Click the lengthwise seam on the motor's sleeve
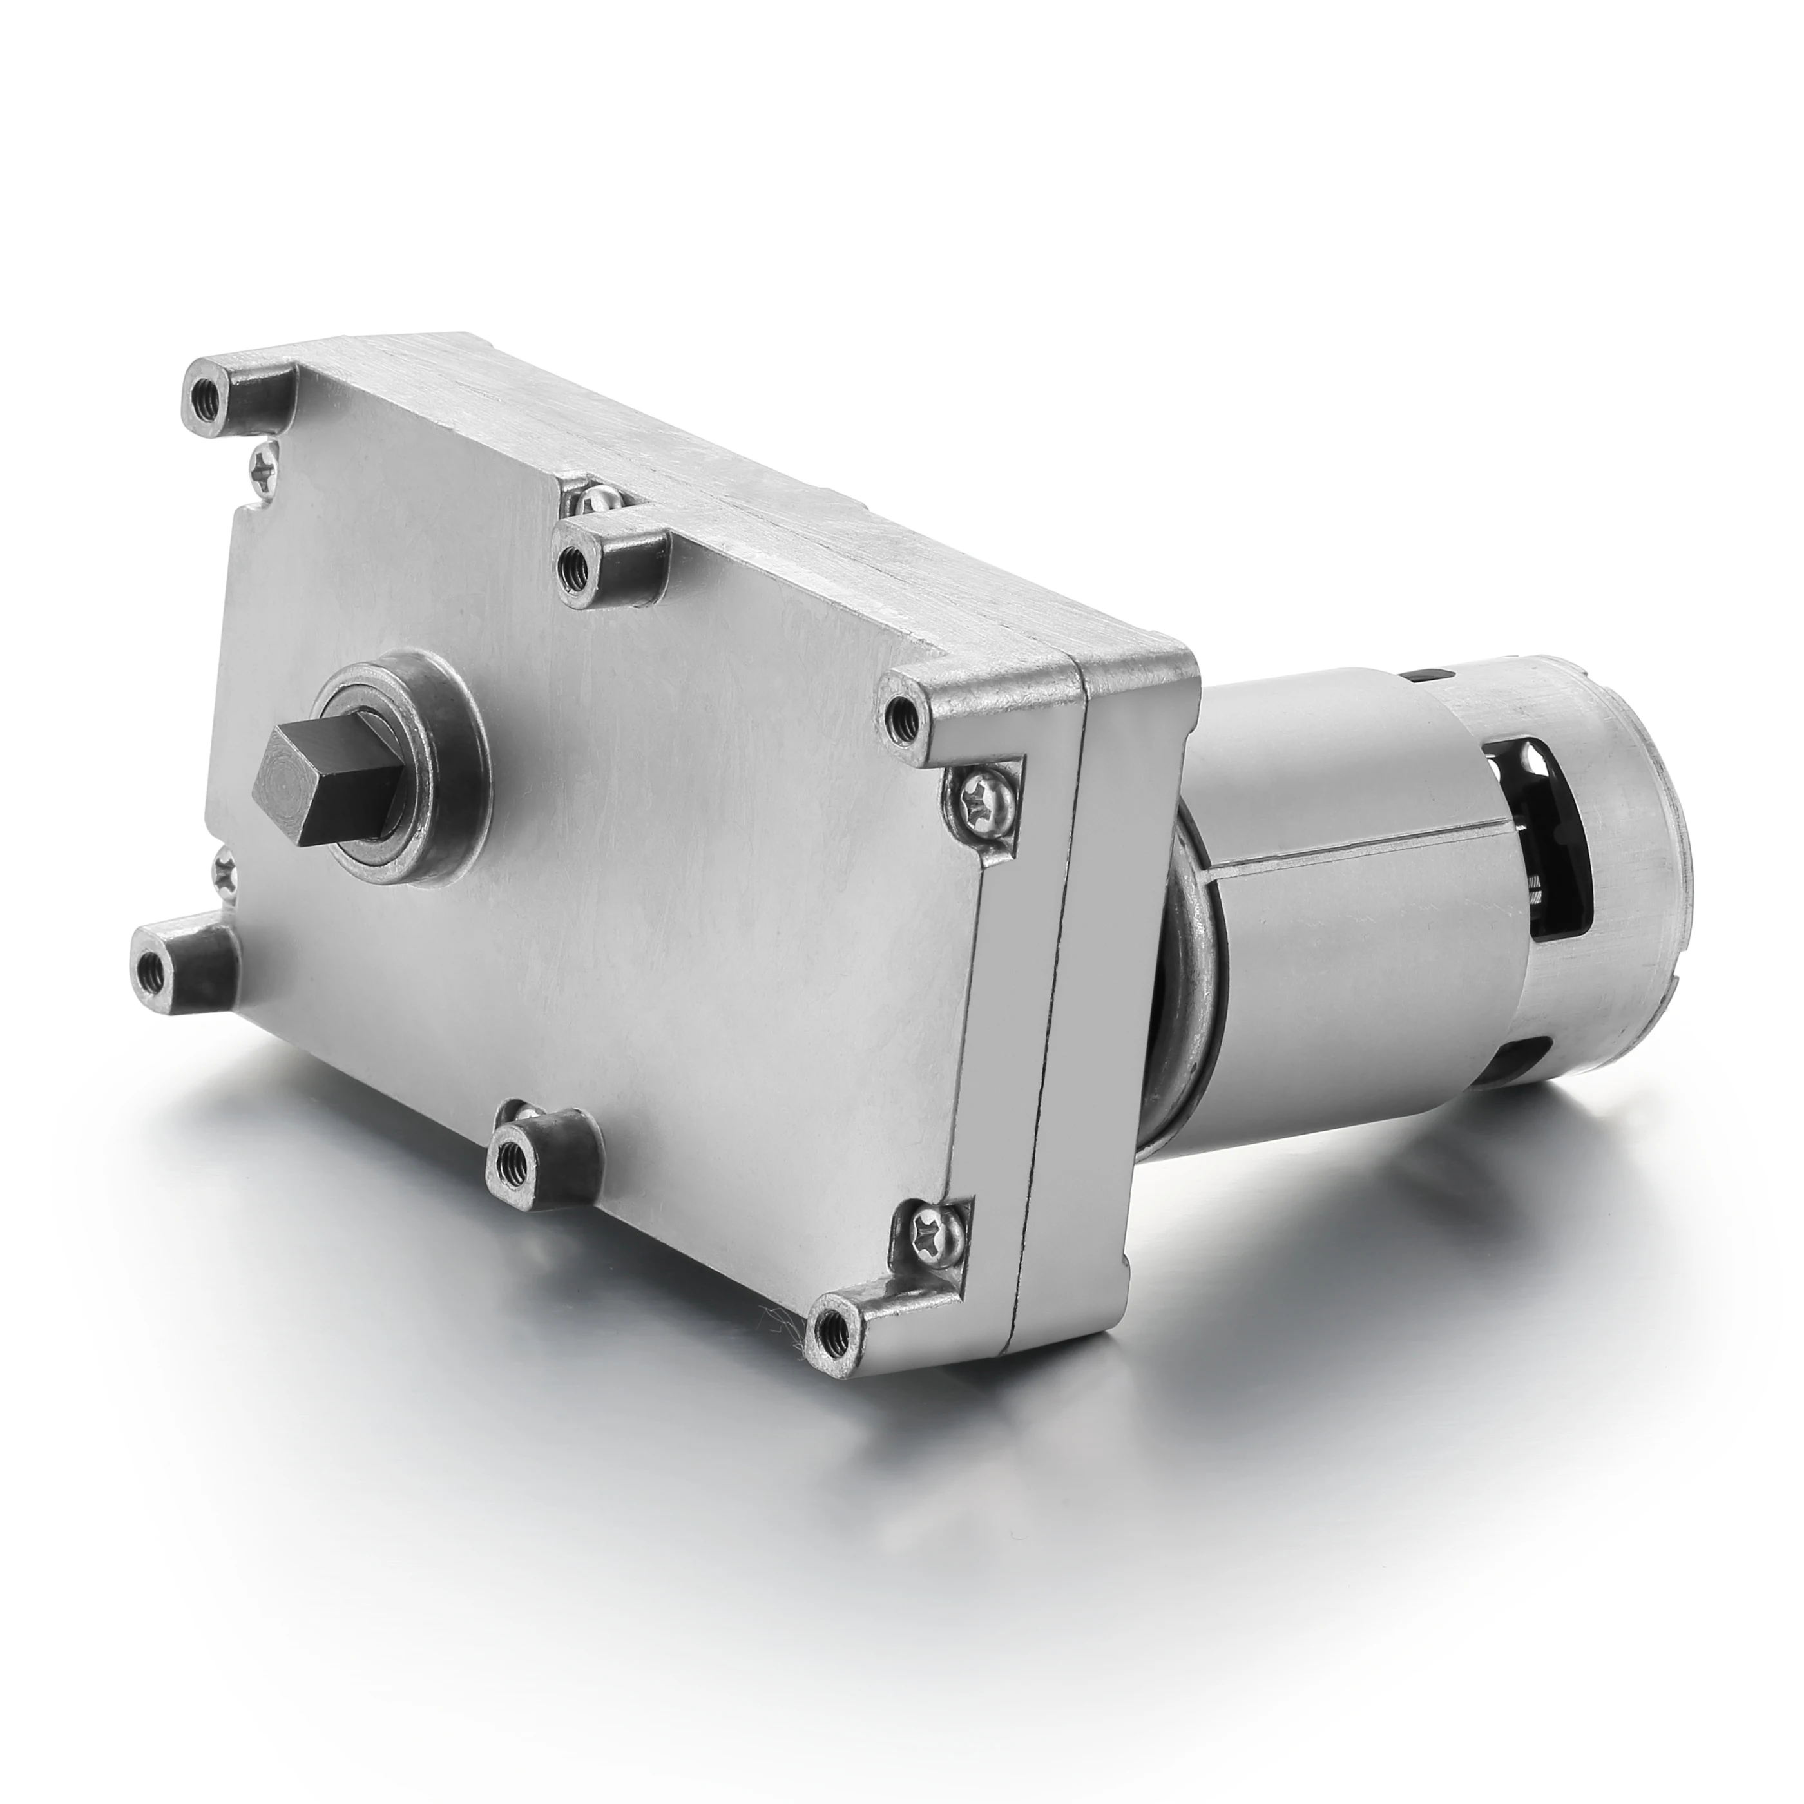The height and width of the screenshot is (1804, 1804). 1345,840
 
